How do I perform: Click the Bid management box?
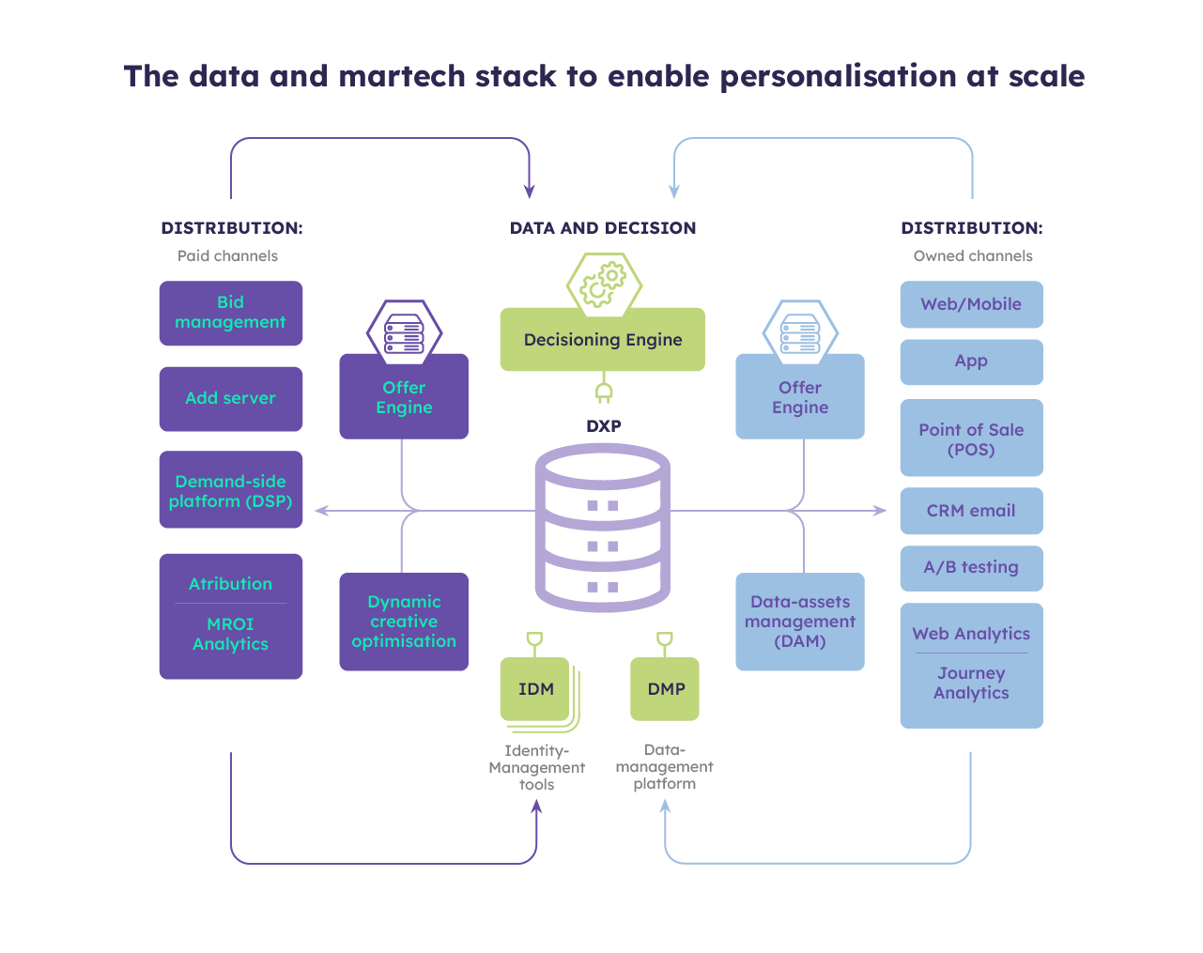(230, 313)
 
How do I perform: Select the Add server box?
(230, 398)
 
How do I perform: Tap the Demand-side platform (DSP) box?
(230, 489)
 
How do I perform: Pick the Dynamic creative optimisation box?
(403, 621)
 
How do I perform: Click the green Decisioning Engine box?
(602, 340)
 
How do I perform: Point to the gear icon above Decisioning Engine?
(603, 284)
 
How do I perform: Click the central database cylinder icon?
(602, 528)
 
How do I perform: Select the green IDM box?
(535, 688)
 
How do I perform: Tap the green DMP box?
(665, 688)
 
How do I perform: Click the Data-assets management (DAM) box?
(799, 621)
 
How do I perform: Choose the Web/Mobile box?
(971, 304)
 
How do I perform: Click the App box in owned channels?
(971, 361)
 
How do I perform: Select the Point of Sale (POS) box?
(971, 438)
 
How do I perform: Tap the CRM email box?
(971, 511)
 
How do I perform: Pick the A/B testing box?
(971, 567)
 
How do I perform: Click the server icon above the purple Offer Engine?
(404, 332)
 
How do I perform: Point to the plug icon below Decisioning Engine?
(603, 390)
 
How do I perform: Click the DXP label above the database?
(603, 425)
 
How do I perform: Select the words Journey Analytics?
(971, 683)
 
